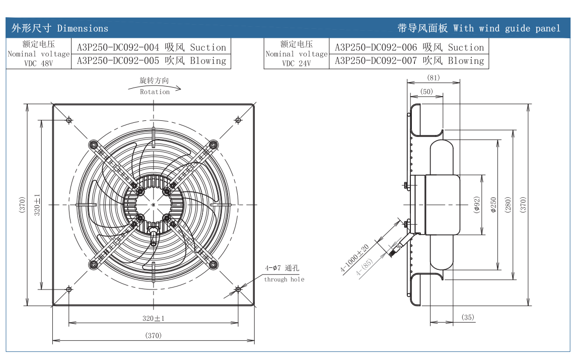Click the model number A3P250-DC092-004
point(118,48)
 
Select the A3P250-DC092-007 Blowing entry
point(409,61)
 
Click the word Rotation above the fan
point(155,92)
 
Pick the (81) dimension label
point(433,78)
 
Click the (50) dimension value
point(426,91)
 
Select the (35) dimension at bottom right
point(468,317)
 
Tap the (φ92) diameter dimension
point(477,204)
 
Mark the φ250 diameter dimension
point(493,204)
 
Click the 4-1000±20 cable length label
point(355,259)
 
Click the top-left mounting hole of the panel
point(69,119)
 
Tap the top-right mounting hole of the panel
point(238,119)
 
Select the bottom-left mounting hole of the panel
point(69,289)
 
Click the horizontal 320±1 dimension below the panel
point(154,318)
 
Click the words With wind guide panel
point(507,28)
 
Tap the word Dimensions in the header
point(83,28)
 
